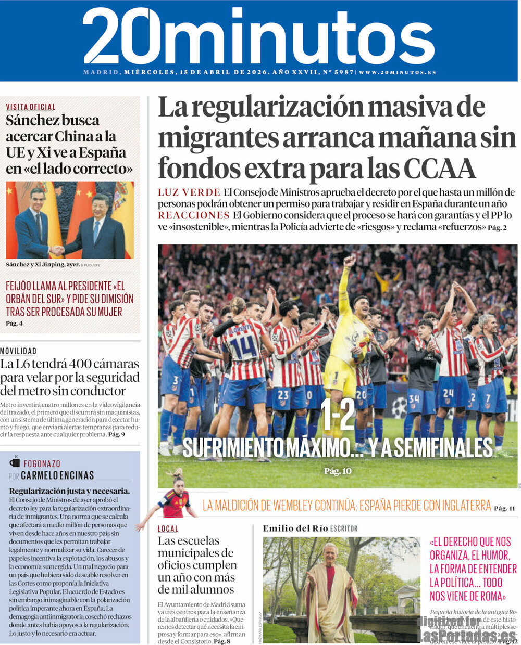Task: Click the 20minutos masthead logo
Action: (258, 36)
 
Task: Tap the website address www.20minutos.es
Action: (398, 72)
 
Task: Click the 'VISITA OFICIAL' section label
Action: (31, 107)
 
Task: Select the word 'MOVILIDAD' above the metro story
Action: (18, 351)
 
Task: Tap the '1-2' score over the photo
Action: (338, 415)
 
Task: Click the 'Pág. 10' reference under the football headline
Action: (338, 471)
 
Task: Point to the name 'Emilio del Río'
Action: (295, 528)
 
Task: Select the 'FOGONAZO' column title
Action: (42, 463)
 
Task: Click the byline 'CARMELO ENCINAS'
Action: (57, 475)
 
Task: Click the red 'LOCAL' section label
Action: (168, 528)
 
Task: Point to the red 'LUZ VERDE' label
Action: (189, 192)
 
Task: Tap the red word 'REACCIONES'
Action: (193, 215)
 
